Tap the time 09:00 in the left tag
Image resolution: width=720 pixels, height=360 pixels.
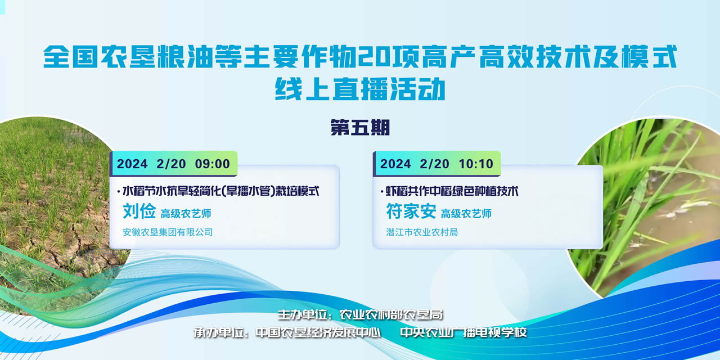coord(213,164)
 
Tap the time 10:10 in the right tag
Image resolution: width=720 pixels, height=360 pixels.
coord(476,164)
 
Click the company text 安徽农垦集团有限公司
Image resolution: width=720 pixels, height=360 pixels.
coord(168,232)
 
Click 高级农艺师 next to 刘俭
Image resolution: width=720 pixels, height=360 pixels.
coord(186,213)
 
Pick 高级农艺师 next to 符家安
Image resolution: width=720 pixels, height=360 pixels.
coord(466,213)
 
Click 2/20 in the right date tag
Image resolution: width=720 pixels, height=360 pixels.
coord(435,164)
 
